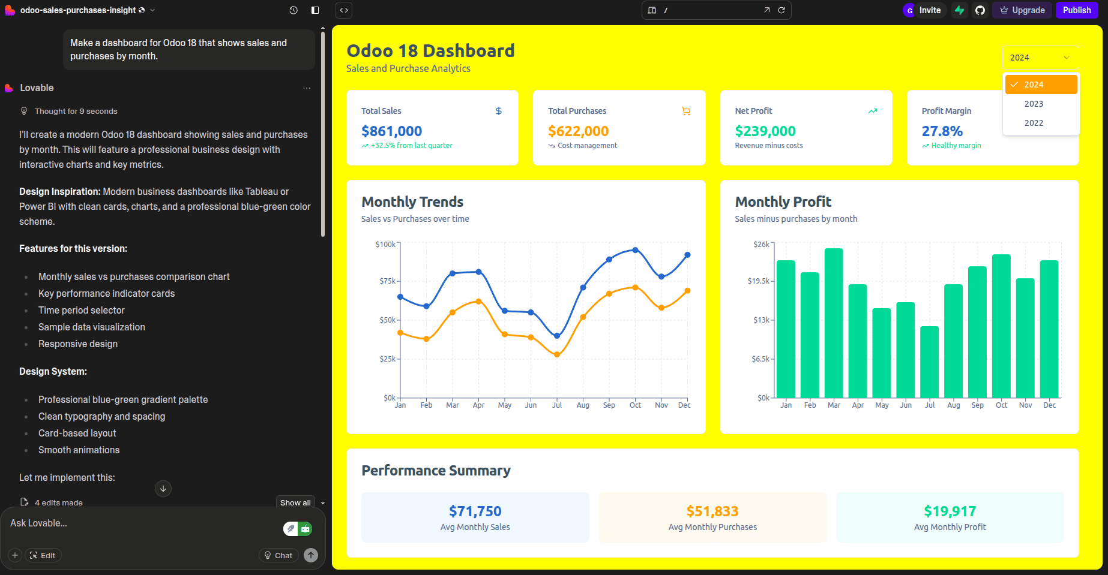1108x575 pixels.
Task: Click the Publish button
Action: coord(1076,10)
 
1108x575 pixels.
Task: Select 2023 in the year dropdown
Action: coord(1034,104)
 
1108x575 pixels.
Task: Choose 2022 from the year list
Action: coord(1034,123)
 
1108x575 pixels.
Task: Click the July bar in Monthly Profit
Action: coord(929,362)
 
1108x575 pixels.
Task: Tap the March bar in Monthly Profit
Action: coord(834,323)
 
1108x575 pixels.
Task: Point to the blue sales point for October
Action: coord(635,250)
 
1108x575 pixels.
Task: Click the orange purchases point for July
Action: coord(557,354)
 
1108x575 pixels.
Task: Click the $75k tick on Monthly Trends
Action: coord(387,281)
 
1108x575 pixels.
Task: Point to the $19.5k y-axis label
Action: coord(758,281)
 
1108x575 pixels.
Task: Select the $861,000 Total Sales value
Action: coord(391,131)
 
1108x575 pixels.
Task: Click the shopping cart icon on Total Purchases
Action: coord(686,111)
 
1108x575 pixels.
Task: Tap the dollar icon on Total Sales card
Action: coord(498,111)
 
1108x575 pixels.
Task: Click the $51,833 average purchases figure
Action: coord(712,511)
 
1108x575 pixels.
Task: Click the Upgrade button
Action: coord(1022,10)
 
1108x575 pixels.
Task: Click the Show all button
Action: coord(295,502)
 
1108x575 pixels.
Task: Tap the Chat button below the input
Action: coord(279,555)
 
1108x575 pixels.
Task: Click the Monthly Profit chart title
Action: coord(783,202)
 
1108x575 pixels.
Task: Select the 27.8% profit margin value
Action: coord(942,131)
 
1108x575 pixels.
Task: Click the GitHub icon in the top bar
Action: coord(980,10)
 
